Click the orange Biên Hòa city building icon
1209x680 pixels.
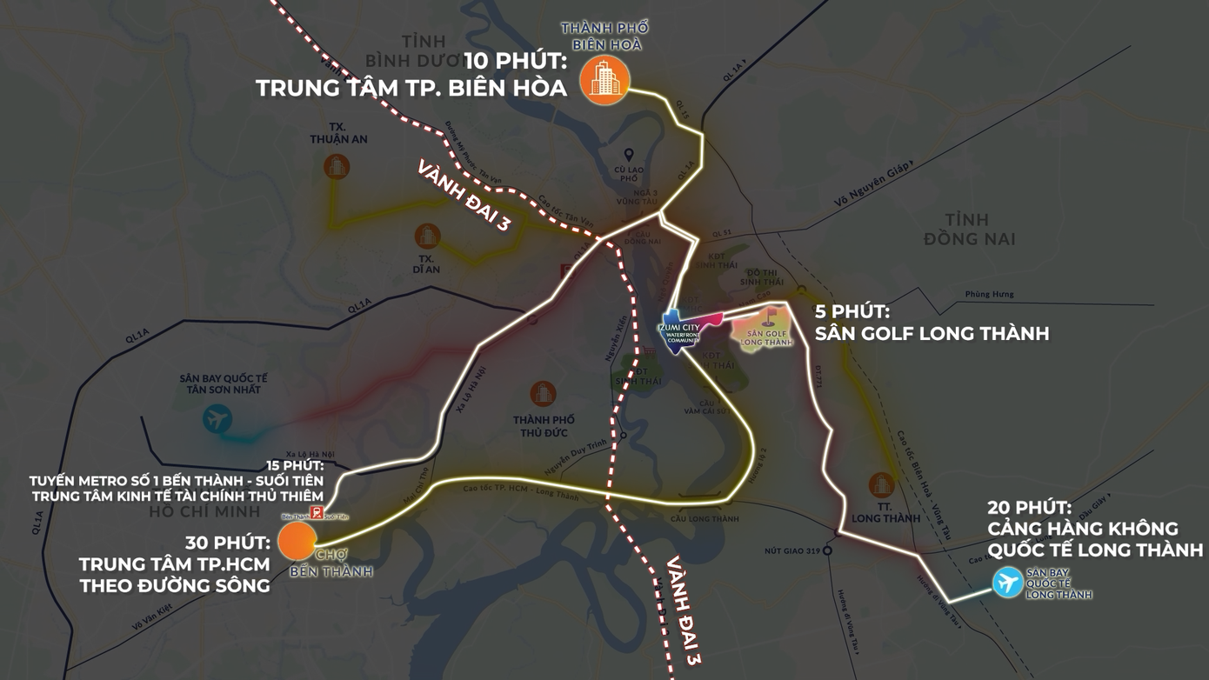click(604, 80)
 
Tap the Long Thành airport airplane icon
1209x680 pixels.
click(1008, 582)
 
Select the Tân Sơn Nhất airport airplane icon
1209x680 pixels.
click(217, 420)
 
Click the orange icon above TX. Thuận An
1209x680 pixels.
click(337, 166)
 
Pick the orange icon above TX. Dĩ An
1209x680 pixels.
click(427, 235)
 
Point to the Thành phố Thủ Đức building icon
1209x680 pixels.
click(543, 394)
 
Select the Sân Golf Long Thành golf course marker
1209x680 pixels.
click(766, 327)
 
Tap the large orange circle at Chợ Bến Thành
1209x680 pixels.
click(297, 541)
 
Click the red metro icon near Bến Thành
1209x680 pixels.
click(317, 513)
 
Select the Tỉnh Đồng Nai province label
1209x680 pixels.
click(969, 228)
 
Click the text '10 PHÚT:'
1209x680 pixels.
click(515, 61)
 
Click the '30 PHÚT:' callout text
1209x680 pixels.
click(228, 543)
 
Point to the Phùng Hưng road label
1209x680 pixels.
click(989, 295)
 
